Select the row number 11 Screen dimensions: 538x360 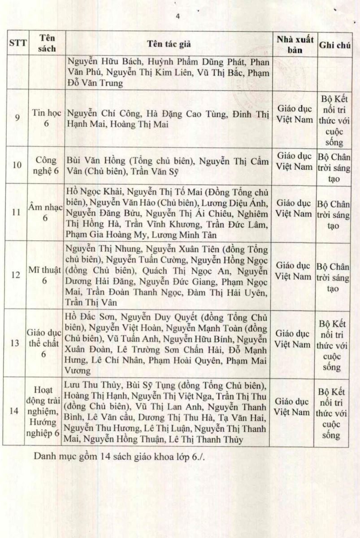17,211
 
